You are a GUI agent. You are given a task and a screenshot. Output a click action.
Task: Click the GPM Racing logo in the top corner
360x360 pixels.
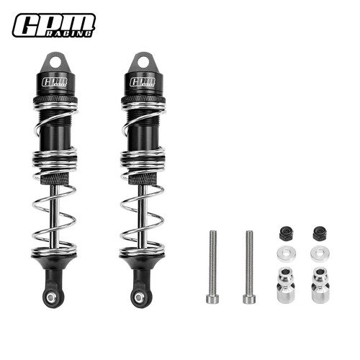pyautogui.click(x=54, y=25)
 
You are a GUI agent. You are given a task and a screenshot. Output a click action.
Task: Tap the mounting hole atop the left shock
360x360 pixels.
pyautogui.click(x=55, y=63)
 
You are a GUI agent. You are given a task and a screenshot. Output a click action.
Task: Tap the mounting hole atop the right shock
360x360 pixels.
pyautogui.click(x=144, y=63)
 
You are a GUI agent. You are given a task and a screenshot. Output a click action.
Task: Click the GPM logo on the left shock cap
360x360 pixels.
pyautogui.click(x=55, y=82)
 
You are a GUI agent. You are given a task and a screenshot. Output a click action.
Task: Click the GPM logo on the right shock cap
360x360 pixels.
pyautogui.click(x=143, y=82)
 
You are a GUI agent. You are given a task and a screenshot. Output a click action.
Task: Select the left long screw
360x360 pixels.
pyautogui.click(x=212, y=267)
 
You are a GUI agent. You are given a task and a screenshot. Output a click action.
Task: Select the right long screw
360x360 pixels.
pyautogui.click(x=249, y=267)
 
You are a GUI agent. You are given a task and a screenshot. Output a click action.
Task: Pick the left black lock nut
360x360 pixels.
pyautogui.click(x=285, y=233)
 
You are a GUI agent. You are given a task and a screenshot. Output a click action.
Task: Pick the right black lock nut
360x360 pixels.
pyautogui.click(x=318, y=233)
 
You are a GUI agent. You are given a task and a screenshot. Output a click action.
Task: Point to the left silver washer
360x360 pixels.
pyautogui.click(x=286, y=253)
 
